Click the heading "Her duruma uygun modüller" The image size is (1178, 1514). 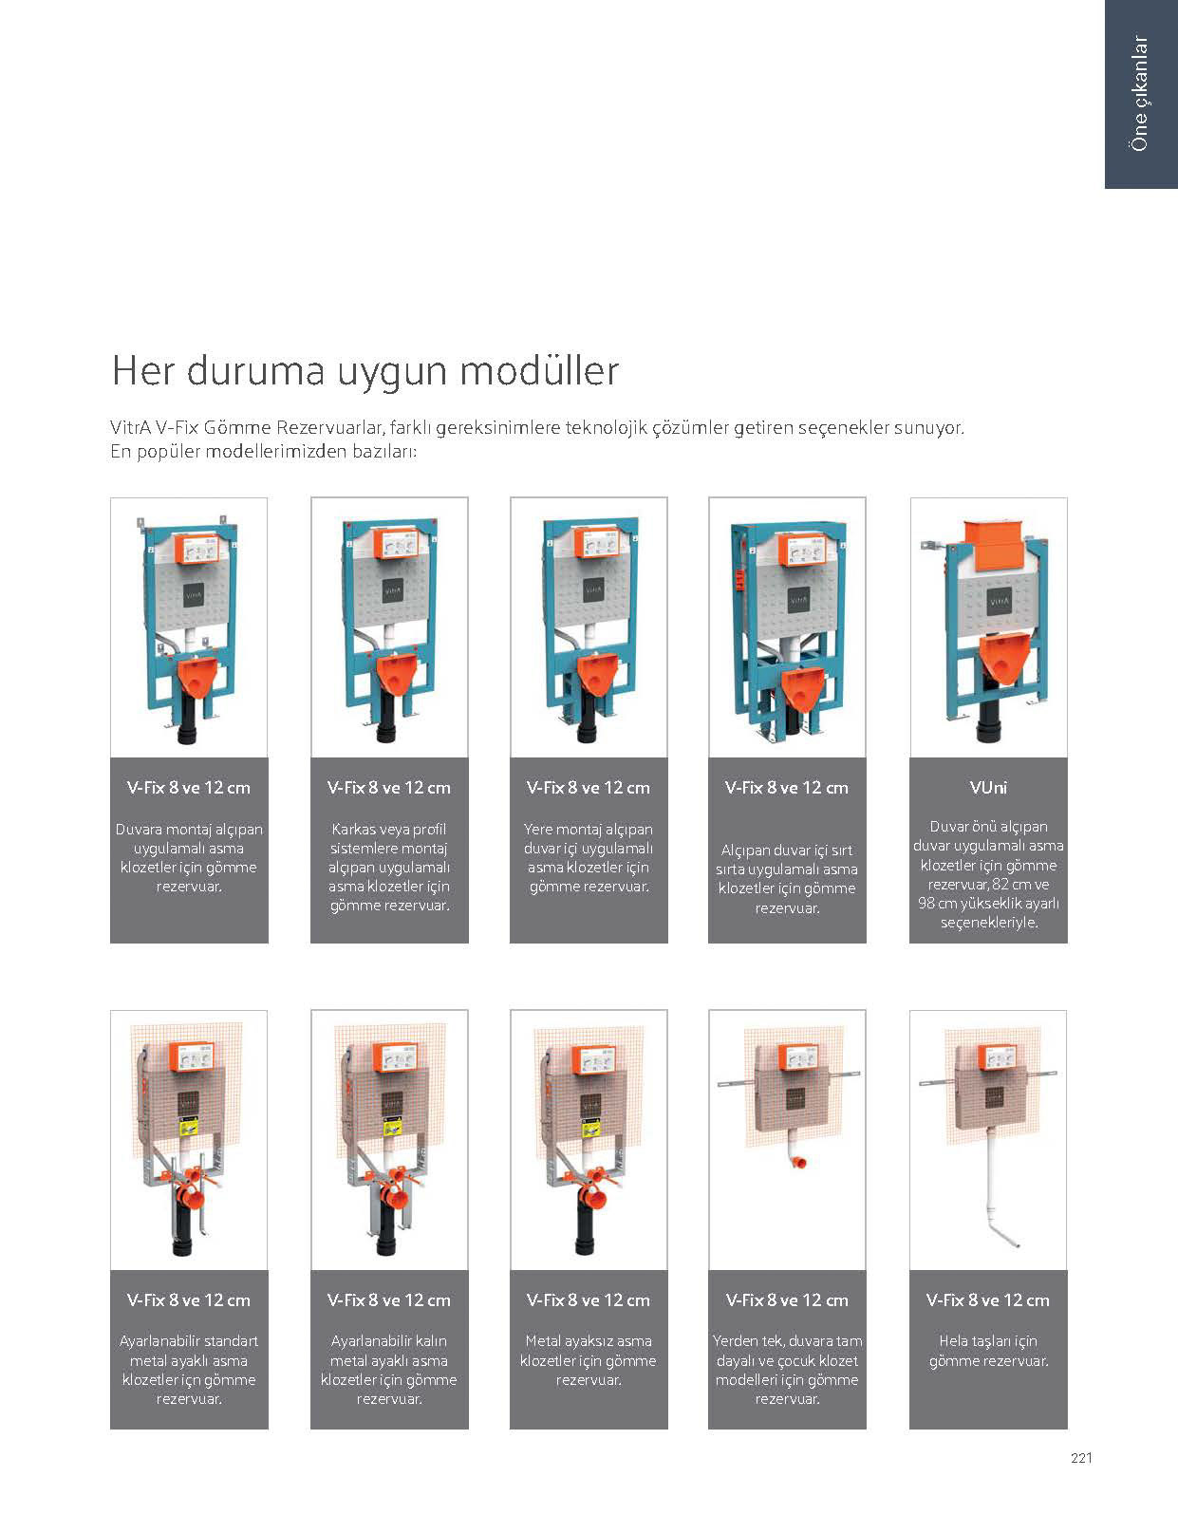pyautogui.click(x=365, y=370)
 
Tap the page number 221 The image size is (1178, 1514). pyautogui.click(x=1081, y=1458)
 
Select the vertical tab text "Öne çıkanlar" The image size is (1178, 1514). pyautogui.click(x=1140, y=93)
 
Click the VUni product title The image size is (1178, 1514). pyautogui.click(x=988, y=787)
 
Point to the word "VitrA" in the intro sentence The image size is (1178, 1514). pyautogui.click(x=130, y=427)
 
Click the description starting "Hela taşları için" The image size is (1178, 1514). pyautogui.click(x=988, y=1351)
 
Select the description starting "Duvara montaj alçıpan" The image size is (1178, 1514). pyautogui.click(x=189, y=857)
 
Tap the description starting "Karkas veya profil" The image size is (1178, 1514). pyautogui.click(x=389, y=867)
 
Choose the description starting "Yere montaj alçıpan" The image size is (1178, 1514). pyautogui.click(x=589, y=857)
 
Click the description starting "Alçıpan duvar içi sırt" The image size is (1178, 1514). pyautogui.click(x=787, y=878)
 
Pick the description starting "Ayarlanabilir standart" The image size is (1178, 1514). pyautogui.click(x=189, y=1370)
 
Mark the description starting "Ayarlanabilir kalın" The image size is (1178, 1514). pyautogui.click(x=389, y=1370)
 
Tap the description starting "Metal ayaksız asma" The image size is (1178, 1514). pyautogui.click(x=589, y=1360)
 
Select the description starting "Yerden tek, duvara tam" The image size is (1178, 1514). pyautogui.click(x=787, y=1370)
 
